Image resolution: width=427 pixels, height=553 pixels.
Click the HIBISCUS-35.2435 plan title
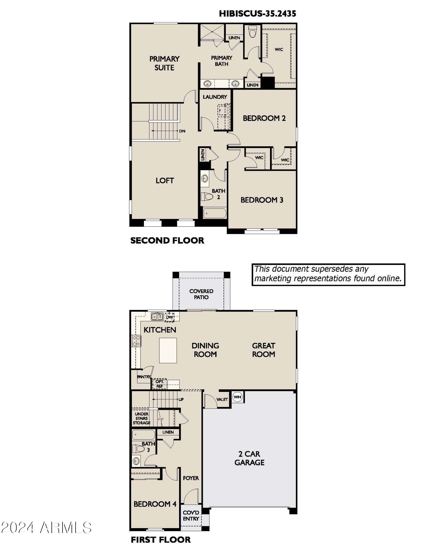[x=257, y=14]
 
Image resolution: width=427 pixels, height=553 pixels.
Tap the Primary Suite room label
[x=164, y=63]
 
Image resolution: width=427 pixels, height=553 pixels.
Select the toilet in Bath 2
[x=207, y=197]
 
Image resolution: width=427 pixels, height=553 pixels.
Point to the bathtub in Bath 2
[x=215, y=213]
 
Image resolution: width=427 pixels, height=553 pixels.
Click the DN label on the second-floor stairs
[x=182, y=131]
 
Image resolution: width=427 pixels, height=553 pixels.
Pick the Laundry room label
[x=215, y=97]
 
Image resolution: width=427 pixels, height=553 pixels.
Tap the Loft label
[x=165, y=181]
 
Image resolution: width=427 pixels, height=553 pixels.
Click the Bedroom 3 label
[x=262, y=200]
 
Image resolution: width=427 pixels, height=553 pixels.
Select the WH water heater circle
[x=237, y=397]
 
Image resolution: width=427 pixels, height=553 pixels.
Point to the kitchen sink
[x=157, y=316]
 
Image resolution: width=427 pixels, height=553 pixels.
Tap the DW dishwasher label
[x=169, y=317]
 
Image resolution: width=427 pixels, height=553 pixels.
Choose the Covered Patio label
[x=201, y=294]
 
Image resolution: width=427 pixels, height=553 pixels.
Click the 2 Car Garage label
[x=249, y=458]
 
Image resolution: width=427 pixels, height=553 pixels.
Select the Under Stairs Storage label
[x=142, y=418]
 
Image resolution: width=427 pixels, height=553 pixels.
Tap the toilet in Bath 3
[x=138, y=448]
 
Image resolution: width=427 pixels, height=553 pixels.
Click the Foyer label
[x=191, y=478]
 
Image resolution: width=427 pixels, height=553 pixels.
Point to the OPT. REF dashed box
[x=159, y=384]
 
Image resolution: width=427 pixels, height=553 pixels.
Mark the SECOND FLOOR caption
[x=167, y=241]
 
